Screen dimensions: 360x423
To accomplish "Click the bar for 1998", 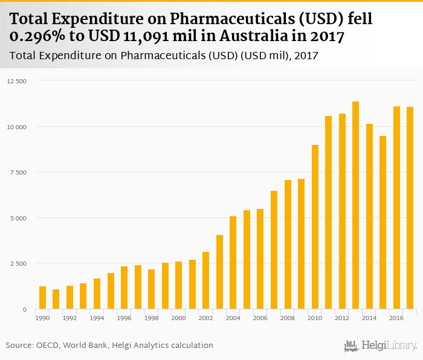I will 152,289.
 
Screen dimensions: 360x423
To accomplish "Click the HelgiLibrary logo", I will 380,346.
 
